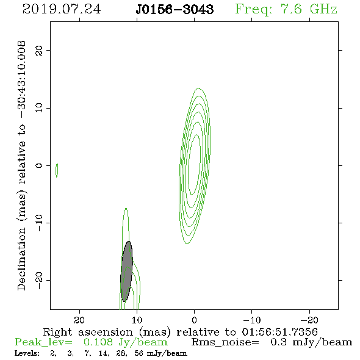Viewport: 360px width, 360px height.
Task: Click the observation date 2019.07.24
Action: (x=62, y=9)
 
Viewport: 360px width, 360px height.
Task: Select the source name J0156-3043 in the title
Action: (x=175, y=9)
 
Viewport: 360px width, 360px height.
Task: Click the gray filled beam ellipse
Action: (x=127, y=272)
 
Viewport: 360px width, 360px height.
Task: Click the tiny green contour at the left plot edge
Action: (x=57, y=170)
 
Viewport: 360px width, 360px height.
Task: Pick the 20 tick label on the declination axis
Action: (x=39, y=50)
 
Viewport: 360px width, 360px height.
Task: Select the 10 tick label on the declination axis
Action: (x=39, y=107)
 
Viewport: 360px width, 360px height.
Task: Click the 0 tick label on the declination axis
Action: (x=39, y=165)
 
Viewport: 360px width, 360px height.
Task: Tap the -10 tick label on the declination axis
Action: (x=39, y=223)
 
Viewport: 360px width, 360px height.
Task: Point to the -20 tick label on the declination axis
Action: (x=39, y=280)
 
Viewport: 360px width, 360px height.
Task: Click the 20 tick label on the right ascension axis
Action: (x=79, y=320)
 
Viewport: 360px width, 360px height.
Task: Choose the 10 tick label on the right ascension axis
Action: (x=137, y=320)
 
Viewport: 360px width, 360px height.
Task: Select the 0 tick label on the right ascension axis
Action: (x=195, y=320)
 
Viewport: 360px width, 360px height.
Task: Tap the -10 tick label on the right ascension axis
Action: (x=252, y=320)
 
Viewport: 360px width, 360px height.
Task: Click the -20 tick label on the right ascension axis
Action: (x=309, y=320)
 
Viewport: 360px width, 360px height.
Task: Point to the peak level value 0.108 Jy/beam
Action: (x=125, y=342)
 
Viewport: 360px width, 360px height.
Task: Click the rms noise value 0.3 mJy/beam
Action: (x=311, y=342)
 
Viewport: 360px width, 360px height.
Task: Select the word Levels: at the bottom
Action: (x=27, y=353)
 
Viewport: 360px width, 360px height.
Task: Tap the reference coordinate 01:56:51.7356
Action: (x=279, y=332)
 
